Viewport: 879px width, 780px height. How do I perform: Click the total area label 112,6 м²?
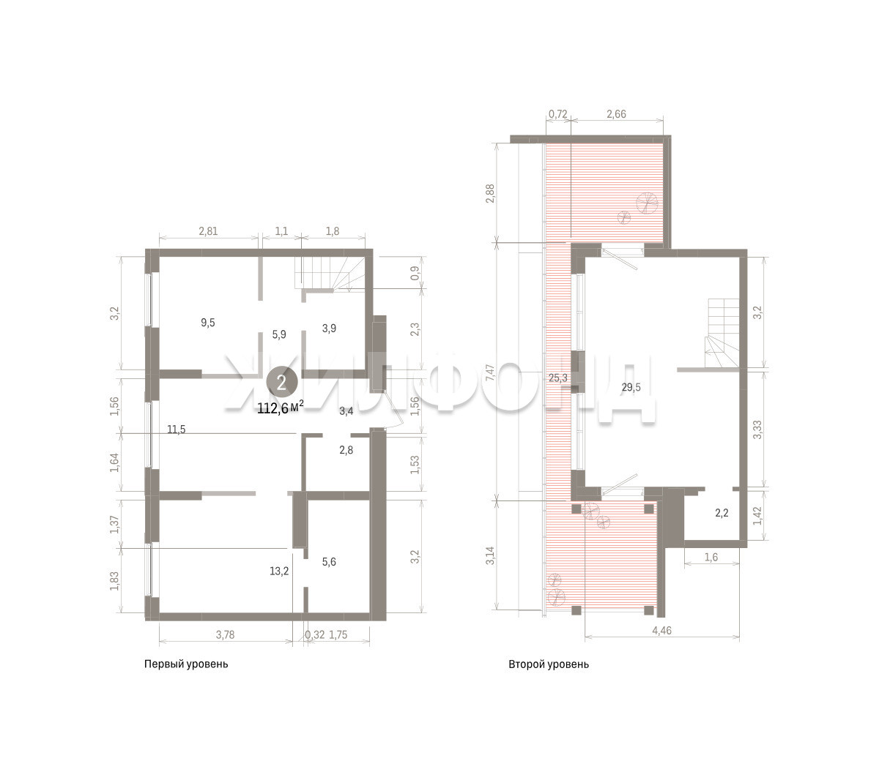pyautogui.click(x=281, y=408)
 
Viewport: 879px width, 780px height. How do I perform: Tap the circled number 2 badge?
pyautogui.click(x=281, y=383)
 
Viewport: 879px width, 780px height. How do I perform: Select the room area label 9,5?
pyautogui.click(x=208, y=323)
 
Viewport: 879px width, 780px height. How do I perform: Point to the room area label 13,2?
pyautogui.click(x=279, y=571)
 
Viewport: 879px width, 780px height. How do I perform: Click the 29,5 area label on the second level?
pyautogui.click(x=631, y=387)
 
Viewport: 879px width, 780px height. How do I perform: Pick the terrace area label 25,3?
pyautogui.click(x=558, y=378)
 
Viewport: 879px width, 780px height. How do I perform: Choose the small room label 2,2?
pyautogui.click(x=722, y=513)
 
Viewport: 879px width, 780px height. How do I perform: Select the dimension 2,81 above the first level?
pyautogui.click(x=208, y=231)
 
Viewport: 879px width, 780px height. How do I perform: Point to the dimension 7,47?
pyautogui.click(x=490, y=372)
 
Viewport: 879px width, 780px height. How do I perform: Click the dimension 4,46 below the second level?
pyautogui.click(x=661, y=630)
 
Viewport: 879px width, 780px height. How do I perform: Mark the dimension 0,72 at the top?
pyautogui.click(x=558, y=114)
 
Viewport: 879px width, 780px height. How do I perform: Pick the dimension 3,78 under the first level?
pyautogui.click(x=225, y=635)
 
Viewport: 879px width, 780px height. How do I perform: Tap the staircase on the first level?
pyautogui.click(x=330, y=273)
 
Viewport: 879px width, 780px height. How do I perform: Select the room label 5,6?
pyautogui.click(x=329, y=562)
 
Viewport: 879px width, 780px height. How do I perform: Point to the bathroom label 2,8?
pyautogui.click(x=346, y=450)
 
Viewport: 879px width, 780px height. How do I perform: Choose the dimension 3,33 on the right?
pyautogui.click(x=757, y=430)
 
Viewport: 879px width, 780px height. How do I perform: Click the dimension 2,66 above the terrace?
pyautogui.click(x=617, y=114)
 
